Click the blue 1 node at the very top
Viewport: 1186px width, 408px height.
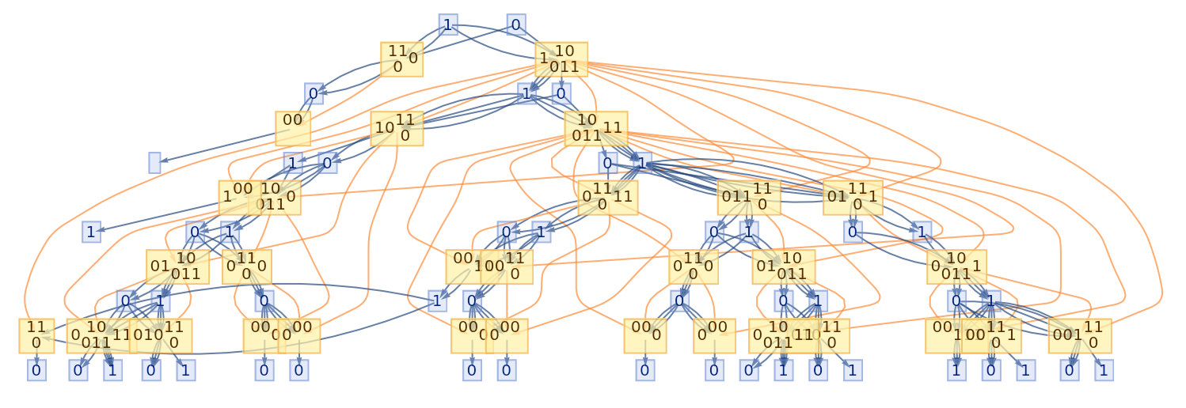pos(448,25)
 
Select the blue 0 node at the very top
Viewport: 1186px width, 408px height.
pos(516,25)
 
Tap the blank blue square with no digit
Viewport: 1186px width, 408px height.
pos(154,163)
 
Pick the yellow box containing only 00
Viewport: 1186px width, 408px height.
pos(293,128)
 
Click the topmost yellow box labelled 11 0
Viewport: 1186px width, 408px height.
pos(401,59)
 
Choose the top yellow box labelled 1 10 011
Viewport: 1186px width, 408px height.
pos(561,59)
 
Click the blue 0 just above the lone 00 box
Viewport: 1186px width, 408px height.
pos(314,95)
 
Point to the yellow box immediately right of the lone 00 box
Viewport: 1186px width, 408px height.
pos(397,128)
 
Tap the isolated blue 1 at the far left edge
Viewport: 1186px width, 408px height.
pos(92,232)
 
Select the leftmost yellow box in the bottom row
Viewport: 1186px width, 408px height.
pos(36,335)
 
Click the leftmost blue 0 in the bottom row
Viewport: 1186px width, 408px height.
pos(36,370)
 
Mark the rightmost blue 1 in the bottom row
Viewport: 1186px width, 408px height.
pos(1104,370)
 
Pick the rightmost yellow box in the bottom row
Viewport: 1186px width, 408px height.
pos(1080,335)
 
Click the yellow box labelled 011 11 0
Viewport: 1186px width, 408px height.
pos(749,198)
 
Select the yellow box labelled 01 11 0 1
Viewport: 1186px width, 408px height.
pos(853,198)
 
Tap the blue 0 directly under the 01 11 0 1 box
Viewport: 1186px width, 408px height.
pos(853,232)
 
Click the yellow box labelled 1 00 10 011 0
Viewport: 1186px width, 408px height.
pos(260,198)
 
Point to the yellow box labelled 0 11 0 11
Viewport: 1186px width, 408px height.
pos(608,198)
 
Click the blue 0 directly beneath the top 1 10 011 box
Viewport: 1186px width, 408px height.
pos(561,95)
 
